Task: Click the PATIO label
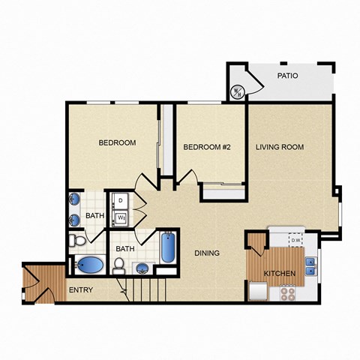click(288, 76)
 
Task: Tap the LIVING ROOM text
click(279, 147)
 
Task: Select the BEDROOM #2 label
click(206, 147)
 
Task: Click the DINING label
click(207, 253)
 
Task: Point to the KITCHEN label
click(279, 273)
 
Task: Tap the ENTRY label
click(80, 289)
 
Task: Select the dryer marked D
click(119, 201)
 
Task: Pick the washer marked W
click(119, 217)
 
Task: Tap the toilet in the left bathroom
click(76, 240)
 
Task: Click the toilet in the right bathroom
click(119, 265)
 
